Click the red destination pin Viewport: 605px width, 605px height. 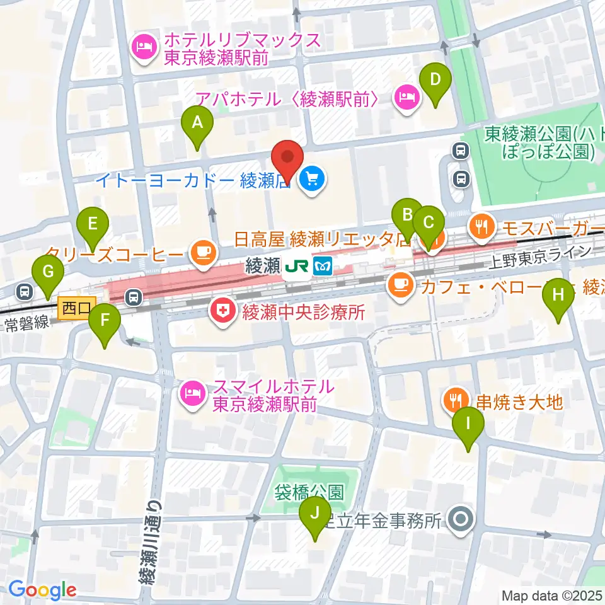point(287,161)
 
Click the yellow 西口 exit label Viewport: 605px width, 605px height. point(76,308)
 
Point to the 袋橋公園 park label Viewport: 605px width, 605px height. point(308,492)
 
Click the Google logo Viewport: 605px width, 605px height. point(42,590)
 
